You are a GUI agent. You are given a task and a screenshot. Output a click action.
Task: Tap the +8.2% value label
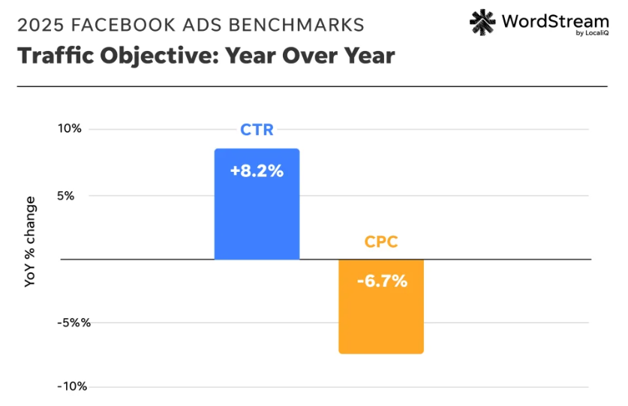(x=257, y=171)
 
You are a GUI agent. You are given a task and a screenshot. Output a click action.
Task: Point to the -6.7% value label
(x=381, y=281)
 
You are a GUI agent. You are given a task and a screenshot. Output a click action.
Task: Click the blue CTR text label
(x=257, y=130)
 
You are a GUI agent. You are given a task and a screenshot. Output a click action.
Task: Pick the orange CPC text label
(x=381, y=242)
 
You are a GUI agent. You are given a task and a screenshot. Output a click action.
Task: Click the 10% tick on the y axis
(x=71, y=128)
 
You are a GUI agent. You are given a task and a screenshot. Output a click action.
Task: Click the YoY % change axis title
(x=30, y=242)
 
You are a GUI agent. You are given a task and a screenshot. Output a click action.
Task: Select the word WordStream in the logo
(x=555, y=20)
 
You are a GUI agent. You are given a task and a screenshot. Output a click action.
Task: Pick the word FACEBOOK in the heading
(x=119, y=25)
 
